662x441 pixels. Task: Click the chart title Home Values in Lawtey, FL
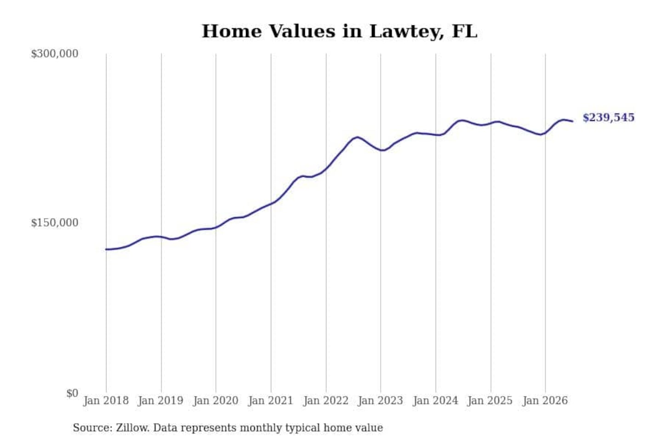point(339,31)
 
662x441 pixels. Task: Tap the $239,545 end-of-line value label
point(608,118)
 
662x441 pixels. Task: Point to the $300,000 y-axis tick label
point(55,54)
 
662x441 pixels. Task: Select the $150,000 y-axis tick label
point(55,223)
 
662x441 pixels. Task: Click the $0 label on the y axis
point(73,393)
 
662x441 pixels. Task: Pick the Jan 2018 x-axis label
point(106,401)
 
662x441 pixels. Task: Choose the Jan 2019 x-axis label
point(161,401)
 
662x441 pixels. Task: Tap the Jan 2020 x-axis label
point(216,401)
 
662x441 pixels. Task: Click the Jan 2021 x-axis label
point(271,401)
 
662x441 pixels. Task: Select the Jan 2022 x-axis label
point(326,401)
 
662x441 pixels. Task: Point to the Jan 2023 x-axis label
point(380,401)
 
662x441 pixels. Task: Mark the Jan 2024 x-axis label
point(435,401)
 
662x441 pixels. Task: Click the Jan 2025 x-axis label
point(490,401)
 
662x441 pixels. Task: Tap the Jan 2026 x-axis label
point(545,401)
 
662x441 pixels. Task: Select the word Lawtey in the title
point(407,32)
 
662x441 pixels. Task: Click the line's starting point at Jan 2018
point(106,249)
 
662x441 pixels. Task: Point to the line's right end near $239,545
point(572,121)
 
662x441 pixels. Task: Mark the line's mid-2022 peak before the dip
point(357,137)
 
